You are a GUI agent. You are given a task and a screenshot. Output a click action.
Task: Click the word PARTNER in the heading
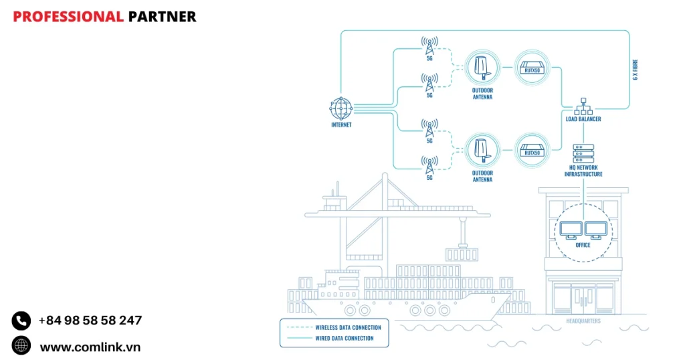(x=162, y=17)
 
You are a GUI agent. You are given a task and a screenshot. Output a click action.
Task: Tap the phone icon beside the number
(x=21, y=321)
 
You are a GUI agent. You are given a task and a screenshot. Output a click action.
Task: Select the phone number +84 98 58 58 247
(x=90, y=321)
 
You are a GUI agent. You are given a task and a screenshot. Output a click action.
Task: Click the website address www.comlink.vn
(x=90, y=347)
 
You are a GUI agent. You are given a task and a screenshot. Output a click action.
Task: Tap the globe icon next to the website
(x=21, y=346)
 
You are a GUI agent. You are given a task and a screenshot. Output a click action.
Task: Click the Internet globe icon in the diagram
(x=340, y=107)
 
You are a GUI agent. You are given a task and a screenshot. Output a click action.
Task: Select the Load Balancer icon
(x=583, y=105)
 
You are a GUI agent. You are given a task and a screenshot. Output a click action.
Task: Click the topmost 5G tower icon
(x=429, y=46)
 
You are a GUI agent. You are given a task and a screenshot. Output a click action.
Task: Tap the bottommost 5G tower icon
(x=429, y=164)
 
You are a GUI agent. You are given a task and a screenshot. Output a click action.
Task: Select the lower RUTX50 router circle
(x=532, y=150)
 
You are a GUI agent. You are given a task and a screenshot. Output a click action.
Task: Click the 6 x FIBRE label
(x=635, y=69)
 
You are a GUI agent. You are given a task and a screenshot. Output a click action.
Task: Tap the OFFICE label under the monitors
(x=583, y=245)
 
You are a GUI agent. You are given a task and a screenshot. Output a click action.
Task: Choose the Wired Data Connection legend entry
(x=345, y=338)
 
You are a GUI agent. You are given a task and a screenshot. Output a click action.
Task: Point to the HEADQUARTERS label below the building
(x=583, y=321)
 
